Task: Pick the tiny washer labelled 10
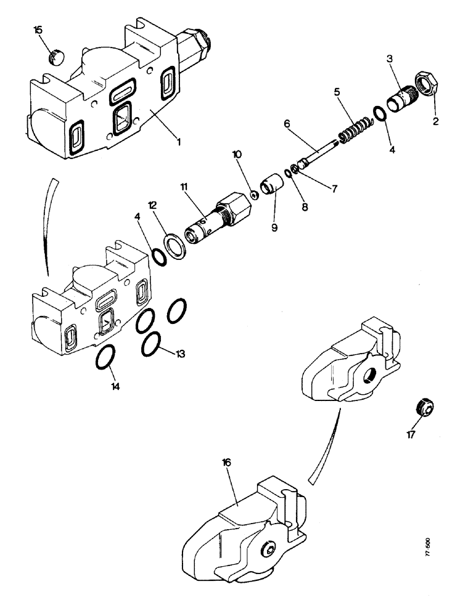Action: click(x=253, y=196)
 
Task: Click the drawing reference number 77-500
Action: click(x=428, y=548)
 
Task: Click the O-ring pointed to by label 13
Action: click(x=152, y=344)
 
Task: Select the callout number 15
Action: click(x=38, y=30)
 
